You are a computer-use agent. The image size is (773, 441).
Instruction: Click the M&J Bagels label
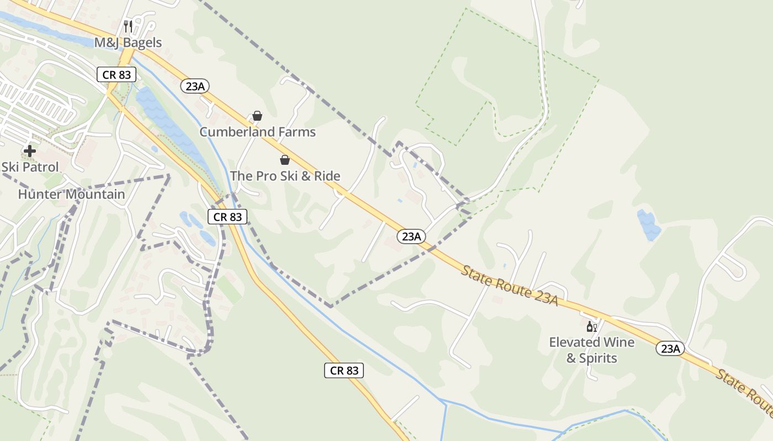(x=128, y=42)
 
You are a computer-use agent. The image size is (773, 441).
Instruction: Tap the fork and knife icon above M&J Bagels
(x=128, y=26)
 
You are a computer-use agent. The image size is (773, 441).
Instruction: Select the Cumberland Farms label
(x=257, y=132)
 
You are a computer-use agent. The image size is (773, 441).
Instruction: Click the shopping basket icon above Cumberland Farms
(x=257, y=116)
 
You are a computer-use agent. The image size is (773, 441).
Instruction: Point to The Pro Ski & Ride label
(x=285, y=176)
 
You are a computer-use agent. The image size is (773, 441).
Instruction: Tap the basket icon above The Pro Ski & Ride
(x=285, y=160)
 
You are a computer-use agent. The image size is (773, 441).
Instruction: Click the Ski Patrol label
(x=30, y=166)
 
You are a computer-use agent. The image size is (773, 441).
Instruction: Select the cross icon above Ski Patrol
(x=30, y=150)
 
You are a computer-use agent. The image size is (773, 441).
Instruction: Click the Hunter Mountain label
(x=71, y=194)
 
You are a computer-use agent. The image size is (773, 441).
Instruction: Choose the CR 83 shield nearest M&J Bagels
(x=117, y=74)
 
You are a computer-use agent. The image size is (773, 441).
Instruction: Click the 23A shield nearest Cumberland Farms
(x=195, y=86)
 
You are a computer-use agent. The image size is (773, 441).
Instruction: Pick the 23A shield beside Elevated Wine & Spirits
(x=670, y=348)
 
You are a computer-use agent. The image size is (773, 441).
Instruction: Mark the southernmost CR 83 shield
(x=343, y=370)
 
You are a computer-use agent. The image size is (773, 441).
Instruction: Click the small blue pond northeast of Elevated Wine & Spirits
(x=648, y=223)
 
